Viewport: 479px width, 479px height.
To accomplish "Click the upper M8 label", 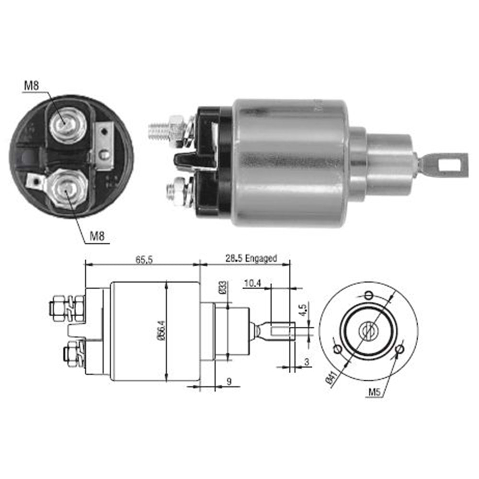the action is pyautogui.click(x=32, y=85).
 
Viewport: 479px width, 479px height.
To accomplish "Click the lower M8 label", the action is pyautogui.click(x=97, y=236).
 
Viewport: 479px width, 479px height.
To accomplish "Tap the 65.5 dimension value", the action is pyautogui.click(x=144, y=260).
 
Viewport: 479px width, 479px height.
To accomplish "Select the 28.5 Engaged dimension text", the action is pyautogui.click(x=251, y=259).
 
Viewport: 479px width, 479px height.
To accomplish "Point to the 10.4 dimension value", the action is pyautogui.click(x=252, y=284).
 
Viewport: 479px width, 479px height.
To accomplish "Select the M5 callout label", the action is pyautogui.click(x=375, y=392).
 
